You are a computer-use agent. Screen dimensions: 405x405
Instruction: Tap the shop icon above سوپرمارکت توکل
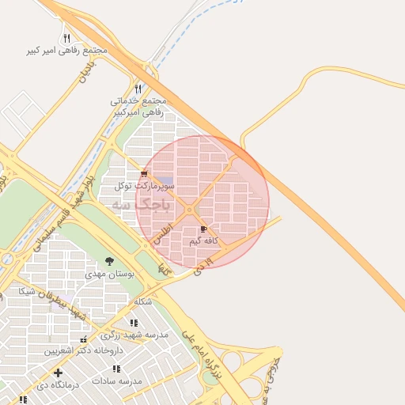point(143,174)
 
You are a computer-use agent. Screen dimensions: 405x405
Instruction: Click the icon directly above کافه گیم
point(204,229)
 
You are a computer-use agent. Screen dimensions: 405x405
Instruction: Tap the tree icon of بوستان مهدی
point(109,262)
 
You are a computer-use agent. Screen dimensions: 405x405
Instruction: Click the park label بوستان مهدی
point(109,274)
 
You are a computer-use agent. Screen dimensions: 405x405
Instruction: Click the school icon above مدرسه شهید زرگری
point(133,323)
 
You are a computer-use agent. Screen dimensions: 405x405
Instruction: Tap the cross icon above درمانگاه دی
point(58,372)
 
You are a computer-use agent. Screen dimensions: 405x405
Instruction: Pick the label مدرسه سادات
point(116,380)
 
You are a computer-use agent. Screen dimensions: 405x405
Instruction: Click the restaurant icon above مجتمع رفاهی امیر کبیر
point(66,38)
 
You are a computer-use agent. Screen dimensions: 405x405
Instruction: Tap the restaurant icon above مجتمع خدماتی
point(138,89)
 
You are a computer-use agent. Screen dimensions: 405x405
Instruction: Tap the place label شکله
point(143,302)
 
